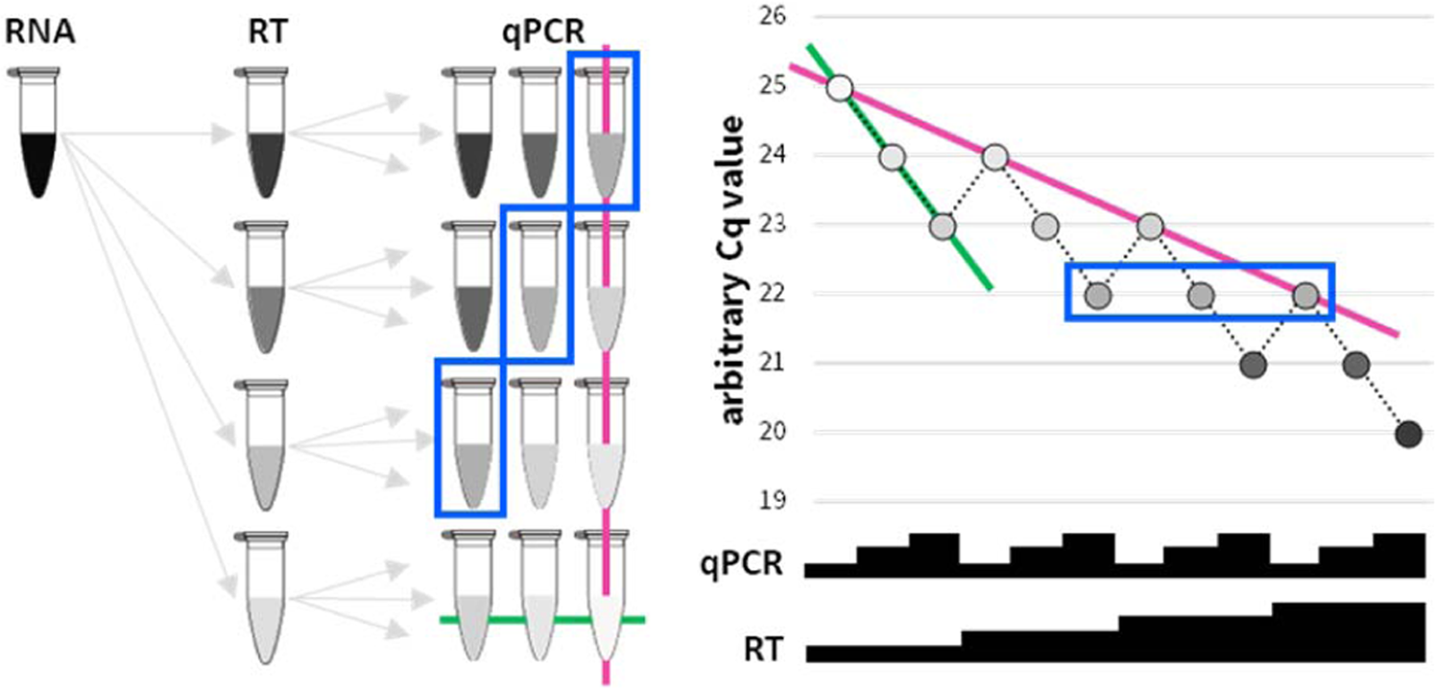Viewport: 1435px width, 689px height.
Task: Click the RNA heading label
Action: [40, 34]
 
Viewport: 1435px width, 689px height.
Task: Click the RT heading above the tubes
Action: [265, 34]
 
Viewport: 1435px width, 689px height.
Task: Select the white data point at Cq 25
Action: [840, 88]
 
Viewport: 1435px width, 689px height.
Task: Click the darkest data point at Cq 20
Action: [1407, 434]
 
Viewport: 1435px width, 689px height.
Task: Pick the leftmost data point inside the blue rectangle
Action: [1098, 296]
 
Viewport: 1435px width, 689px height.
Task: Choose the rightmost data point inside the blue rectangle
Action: [1304, 296]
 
